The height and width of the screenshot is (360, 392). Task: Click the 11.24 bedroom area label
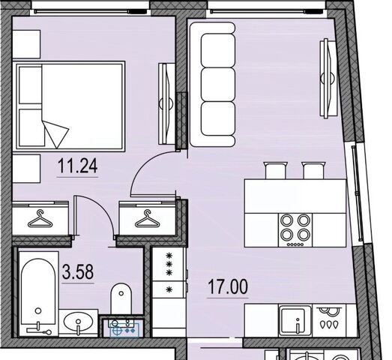[77, 166]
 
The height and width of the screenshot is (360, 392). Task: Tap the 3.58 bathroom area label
[78, 272]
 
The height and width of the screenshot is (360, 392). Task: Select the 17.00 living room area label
[228, 286]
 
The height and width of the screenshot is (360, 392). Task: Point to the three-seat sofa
[212, 85]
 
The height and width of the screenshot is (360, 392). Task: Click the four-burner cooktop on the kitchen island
[295, 230]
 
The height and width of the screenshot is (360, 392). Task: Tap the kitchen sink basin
[295, 321]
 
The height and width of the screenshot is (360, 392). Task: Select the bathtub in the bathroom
[38, 294]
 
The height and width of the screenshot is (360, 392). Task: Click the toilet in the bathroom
[121, 298]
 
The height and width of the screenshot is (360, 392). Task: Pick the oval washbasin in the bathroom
[79, 322]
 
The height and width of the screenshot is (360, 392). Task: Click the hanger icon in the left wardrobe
[40, 219]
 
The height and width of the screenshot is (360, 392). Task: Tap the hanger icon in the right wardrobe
[148, 219]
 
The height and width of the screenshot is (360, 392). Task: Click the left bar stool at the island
[276, 170]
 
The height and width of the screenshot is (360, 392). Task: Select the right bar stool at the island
[313, 170]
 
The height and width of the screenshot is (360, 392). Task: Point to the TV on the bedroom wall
[166, 103]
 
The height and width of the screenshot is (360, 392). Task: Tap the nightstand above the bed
[26, 44]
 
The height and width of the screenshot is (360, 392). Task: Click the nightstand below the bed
[26, 168]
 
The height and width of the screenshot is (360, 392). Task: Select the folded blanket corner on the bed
[56, 133]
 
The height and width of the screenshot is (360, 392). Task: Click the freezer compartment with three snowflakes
[169, 264]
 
